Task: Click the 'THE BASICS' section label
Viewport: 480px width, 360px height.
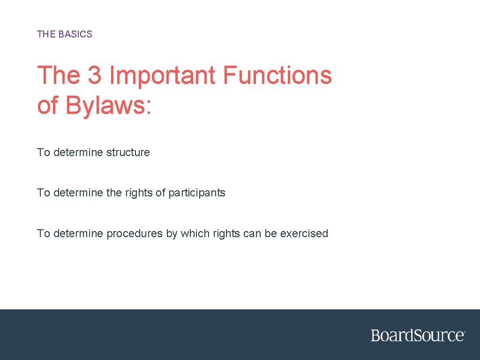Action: tap(65, 34)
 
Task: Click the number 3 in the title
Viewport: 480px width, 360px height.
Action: tap(94, 75)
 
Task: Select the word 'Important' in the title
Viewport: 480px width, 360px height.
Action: tap(163, 75)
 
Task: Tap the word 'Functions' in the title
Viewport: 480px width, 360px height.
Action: tap(277, 75)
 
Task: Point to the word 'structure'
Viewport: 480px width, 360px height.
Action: tap(128, 152)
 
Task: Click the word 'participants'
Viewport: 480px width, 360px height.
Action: tap(197, 193)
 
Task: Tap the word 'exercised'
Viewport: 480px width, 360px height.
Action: tap(304, 233)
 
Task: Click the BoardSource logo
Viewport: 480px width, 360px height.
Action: tap(418, 336)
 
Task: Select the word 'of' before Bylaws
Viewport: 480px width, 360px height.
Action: tap(47, 105)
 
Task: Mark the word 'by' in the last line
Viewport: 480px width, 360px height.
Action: tap(171, 233)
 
